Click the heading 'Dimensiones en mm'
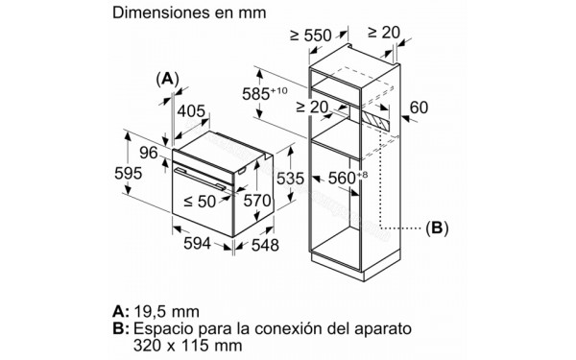pyautogui.click(x=188, y=14)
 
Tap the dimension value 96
pyautogui.click(x=149, y=151)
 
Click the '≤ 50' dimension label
pyautogui.click(x=201, y=202)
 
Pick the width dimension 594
pyautogui.click(x=196, y=245)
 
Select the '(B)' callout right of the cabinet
pyautogui.click(x=437, y=228)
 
